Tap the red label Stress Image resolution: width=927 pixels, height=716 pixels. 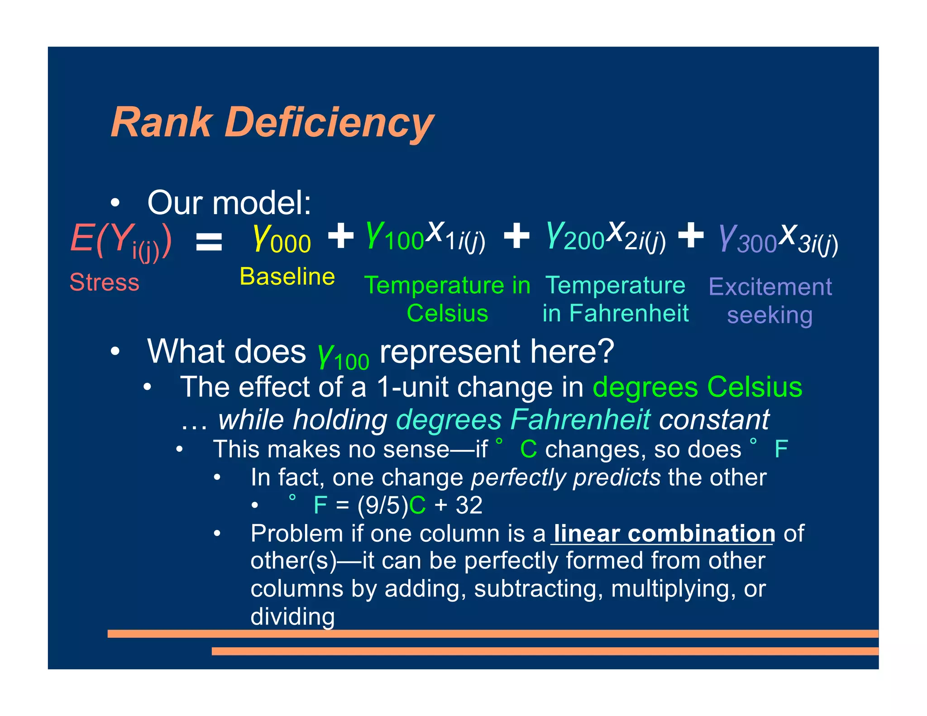click(x=104, y=282)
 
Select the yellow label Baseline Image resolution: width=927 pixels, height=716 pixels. click(x=287, y=277)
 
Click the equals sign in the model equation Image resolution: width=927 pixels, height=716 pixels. click(x=209, y=242)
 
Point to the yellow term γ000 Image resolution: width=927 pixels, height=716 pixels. click(x=282, y=239)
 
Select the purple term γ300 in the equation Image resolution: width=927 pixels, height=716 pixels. click(x=747, y=240)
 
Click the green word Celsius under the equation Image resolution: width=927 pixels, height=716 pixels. click(x=447, y=313)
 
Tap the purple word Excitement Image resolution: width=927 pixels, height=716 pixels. click(x=770, y=287)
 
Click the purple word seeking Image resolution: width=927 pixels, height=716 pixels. click(x=769, y=315)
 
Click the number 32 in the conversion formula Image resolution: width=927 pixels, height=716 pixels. click(x=469, y=505)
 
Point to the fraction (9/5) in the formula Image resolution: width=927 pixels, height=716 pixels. click(x=382, y=506)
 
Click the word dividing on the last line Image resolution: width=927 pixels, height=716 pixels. click(x=292, y=617)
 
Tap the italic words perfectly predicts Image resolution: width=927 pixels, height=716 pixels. click(x=565, y=477)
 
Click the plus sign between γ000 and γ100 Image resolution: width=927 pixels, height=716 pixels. click(x=340, y=236)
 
